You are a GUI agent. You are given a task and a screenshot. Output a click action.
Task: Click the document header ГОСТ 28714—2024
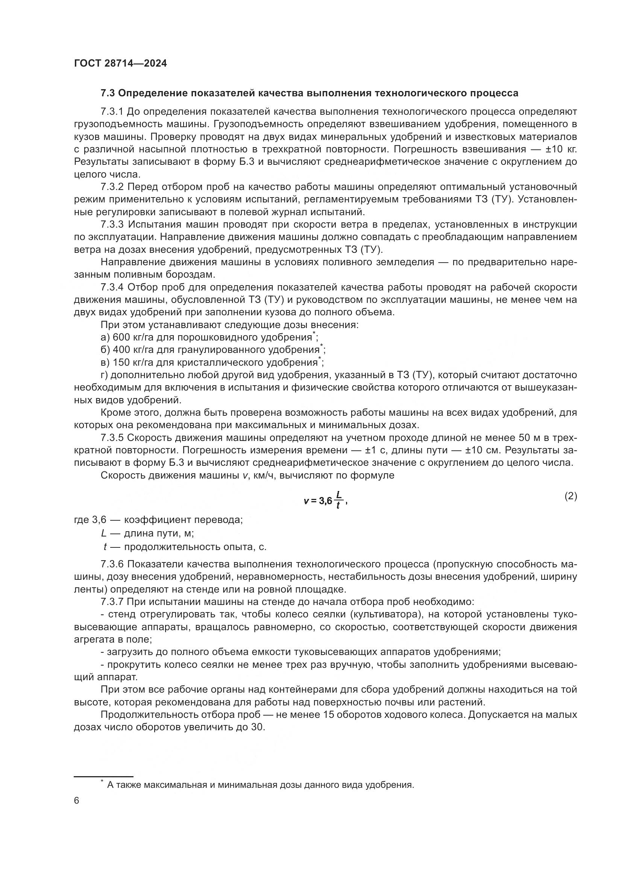120,64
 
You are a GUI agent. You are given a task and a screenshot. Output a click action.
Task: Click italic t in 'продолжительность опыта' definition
105,547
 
